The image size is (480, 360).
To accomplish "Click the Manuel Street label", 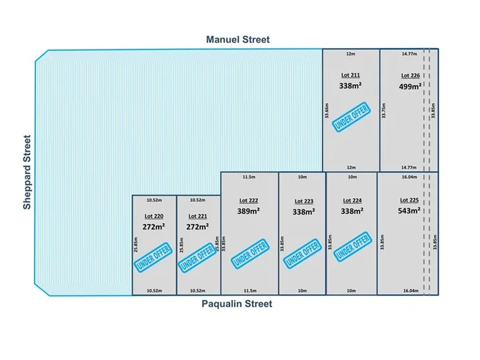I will [237, 39].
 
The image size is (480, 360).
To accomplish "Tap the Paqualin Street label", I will [237, 304].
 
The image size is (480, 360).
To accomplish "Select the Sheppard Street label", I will [27, 173].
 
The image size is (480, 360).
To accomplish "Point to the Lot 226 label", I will [411, 75].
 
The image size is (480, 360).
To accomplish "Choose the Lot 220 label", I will [153, 216].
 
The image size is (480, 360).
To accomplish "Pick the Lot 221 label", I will [198, 216].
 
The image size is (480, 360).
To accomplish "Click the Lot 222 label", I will [248, 200].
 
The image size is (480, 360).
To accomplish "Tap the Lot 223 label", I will [303, 201].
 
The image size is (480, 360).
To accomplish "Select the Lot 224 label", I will [351, 200].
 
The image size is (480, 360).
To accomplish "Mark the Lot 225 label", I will [409, 200].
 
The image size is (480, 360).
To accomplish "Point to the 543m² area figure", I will [409, 211].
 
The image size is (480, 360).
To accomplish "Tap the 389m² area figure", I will [248, 211].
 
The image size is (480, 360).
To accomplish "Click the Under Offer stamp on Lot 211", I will [351, 119].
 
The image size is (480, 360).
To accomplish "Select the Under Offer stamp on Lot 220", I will [153, 257].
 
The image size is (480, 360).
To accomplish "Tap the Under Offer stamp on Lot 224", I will [351, 247].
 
